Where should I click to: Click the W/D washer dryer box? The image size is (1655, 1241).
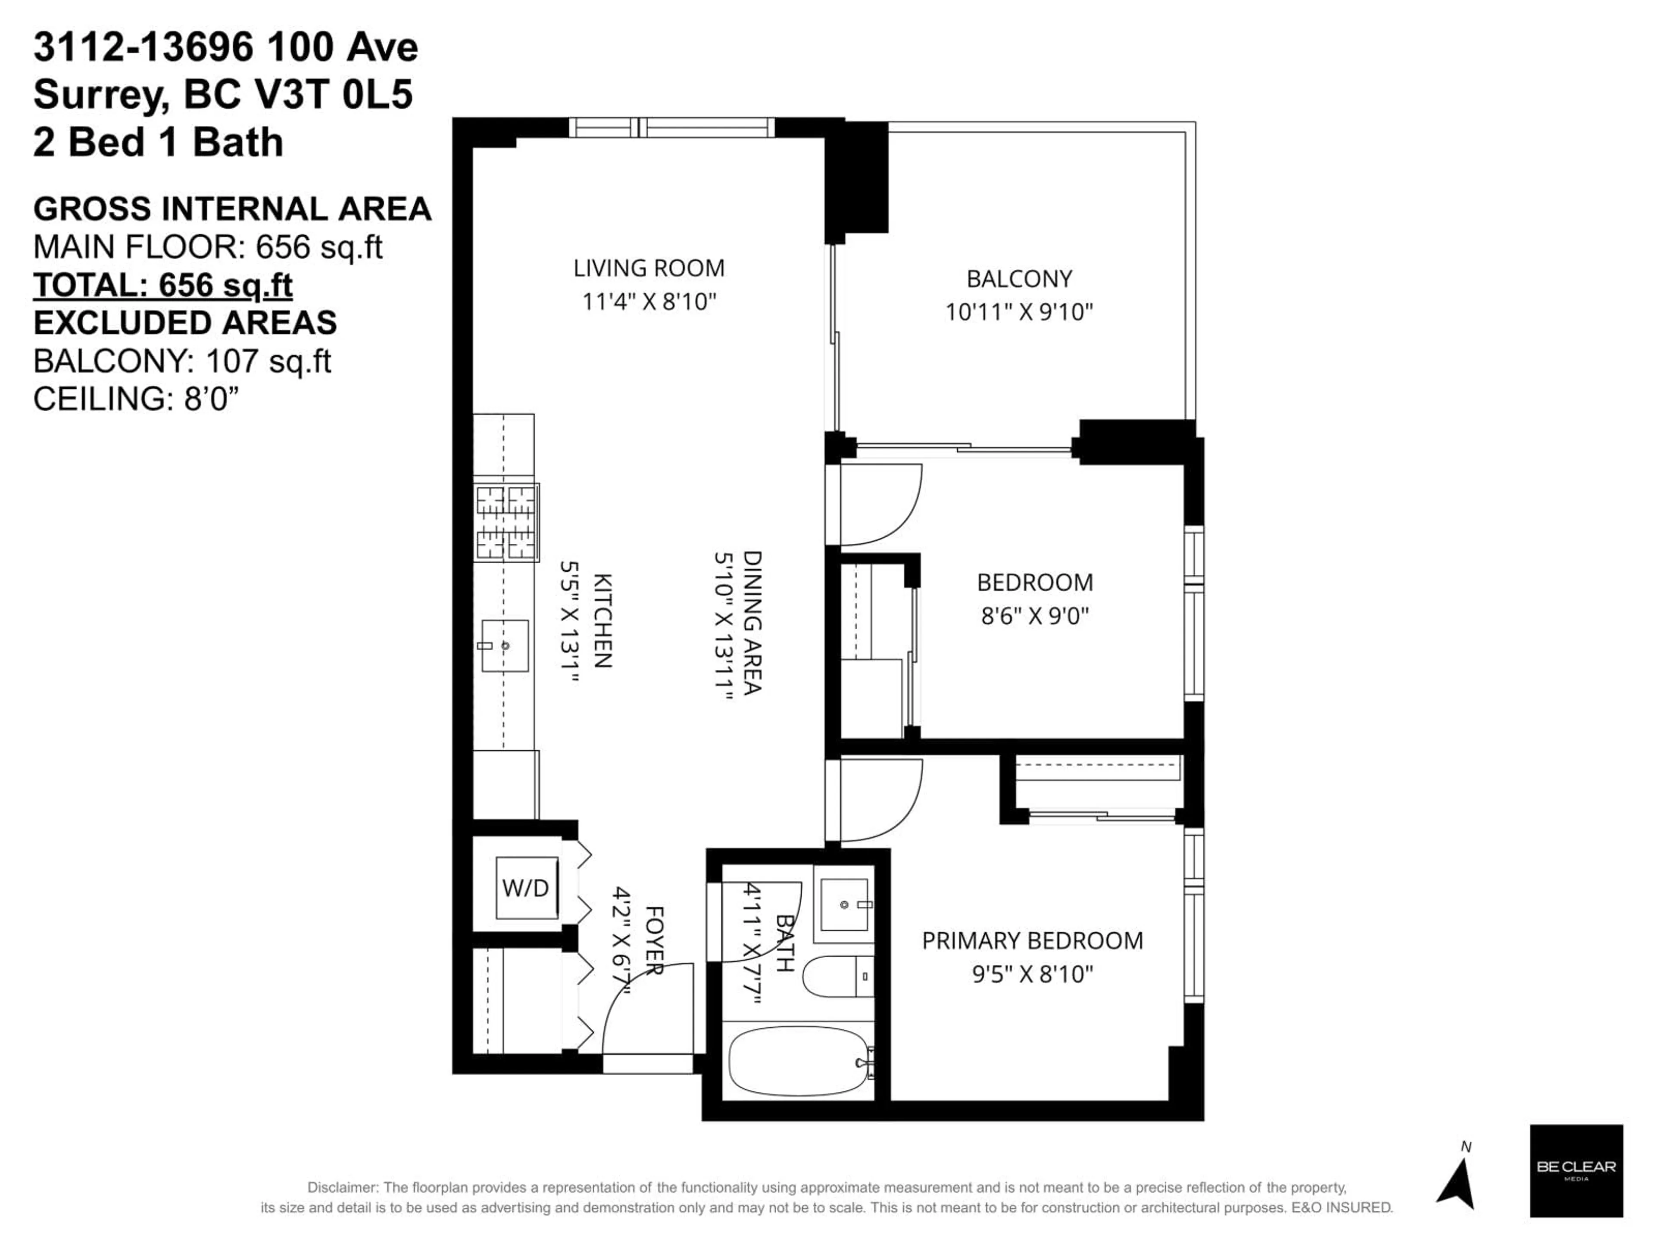(x=526, y=888)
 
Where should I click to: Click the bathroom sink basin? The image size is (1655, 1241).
(x=844, y=905)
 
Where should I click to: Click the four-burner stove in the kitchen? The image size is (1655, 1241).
(x=506, y=522)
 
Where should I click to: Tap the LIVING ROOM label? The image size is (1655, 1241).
(x=649, y=268)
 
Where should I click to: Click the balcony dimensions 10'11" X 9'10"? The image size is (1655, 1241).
(x=1019, y=312)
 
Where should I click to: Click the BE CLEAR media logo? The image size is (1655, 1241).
(x=1576, y=1171)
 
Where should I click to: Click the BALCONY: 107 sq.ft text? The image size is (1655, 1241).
(x=182, y=361)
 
